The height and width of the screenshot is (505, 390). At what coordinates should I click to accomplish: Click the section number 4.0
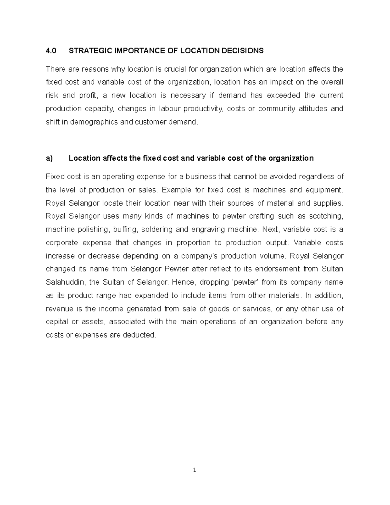51,51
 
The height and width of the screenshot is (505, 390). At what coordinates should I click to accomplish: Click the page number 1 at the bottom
194,470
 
